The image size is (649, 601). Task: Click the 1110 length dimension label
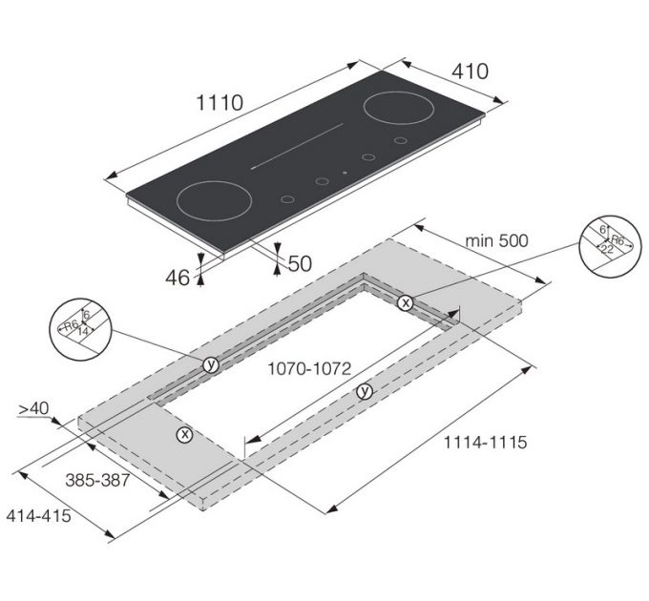click(220, 103)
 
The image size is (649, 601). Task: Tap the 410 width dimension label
click(470, 72)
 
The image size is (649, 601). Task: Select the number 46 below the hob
click(178, 278)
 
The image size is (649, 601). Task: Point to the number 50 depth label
click(300, 264)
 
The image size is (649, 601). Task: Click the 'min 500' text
click(496, 240)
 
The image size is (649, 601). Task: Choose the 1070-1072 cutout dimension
click(309, 368)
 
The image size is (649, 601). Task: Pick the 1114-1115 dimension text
click(485, 443)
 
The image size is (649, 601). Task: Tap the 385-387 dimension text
click(97, 480)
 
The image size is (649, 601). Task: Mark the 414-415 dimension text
click(38, 516)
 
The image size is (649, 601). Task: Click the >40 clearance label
click(33, 408)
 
